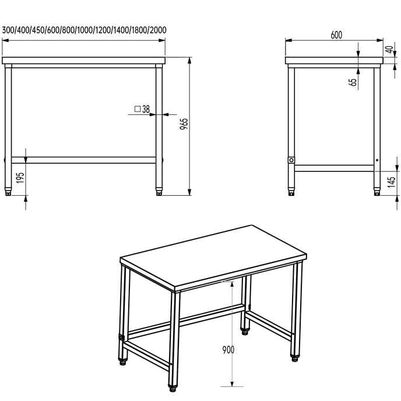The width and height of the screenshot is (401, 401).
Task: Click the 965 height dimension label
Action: pos(184,124)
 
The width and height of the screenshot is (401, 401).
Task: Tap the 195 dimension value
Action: pos(20,178)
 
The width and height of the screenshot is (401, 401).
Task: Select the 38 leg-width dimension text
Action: pos(146,109)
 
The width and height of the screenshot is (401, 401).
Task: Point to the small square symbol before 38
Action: pos(138,109)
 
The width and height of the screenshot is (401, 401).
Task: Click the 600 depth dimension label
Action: pos(336,35)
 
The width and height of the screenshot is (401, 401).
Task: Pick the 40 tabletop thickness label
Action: pos(389,50)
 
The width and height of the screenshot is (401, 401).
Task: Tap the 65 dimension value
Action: pos(353,82)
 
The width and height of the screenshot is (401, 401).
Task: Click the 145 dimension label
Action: pos(391,182)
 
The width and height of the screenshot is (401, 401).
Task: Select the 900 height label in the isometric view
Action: pos(228,350)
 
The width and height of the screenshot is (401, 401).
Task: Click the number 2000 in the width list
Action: pos(158,30)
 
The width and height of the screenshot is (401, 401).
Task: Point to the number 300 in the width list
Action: pos(8,30)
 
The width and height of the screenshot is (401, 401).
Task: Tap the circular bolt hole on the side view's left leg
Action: pos(291,160)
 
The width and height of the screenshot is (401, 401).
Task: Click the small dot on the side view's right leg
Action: pos(377,160)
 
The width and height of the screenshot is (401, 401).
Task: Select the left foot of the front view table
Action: pos(8,192)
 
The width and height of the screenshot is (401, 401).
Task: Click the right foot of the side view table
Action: pos(377,192)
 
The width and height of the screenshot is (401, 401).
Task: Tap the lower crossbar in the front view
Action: pos(83,160)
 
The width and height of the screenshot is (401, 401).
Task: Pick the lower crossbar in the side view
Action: pos(334,168)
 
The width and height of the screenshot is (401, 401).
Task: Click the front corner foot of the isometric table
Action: pos(173,388)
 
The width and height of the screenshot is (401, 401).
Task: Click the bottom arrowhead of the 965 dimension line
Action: pos(189,192)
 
